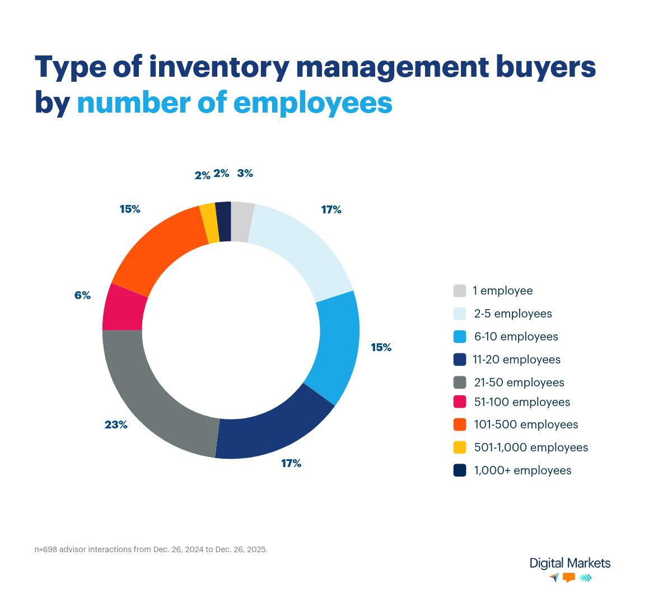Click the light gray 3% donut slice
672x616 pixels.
coord(241,222)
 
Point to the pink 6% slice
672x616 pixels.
coord(124,308)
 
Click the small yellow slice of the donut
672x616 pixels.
coord(209,223)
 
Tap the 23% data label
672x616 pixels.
coord(116,425)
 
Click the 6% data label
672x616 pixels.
coord(82,295)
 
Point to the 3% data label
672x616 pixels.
coord(245,174)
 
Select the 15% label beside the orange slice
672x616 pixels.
coord(129,209)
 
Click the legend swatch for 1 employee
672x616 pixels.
coord(460,291)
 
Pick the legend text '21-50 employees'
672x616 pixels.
coord(519,382)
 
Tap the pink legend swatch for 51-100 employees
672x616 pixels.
coord(460,402)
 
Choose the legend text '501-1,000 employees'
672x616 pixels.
coord(531,447)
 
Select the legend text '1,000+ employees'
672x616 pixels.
coord(522,470)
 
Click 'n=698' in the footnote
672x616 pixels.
coord(46,549)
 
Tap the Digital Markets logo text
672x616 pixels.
coord(570,563)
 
